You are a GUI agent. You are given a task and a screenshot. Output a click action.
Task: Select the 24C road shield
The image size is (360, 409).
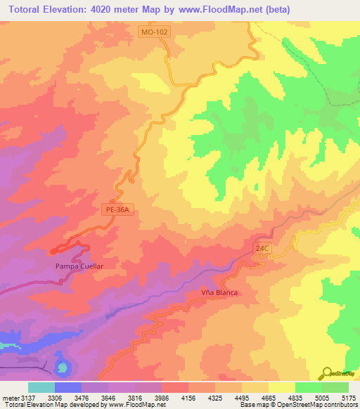coord(262,248)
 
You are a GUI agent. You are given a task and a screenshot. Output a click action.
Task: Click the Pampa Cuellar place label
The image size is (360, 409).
coord(79,267)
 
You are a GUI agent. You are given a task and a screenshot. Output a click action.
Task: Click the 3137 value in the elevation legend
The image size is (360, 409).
coord(28,397)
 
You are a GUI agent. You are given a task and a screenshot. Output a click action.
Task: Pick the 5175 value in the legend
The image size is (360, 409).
coord(348,397)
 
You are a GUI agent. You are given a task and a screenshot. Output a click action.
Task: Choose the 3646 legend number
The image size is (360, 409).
coord(108,397)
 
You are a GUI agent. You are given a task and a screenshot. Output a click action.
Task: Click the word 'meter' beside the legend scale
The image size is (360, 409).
coord(10,397)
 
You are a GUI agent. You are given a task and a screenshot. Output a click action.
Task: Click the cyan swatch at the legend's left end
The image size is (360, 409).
coord(41,387)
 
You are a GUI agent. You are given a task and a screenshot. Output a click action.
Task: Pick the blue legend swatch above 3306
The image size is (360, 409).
coord(68,387)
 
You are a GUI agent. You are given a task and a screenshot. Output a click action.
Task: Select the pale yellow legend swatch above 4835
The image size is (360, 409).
coord(281,387)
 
